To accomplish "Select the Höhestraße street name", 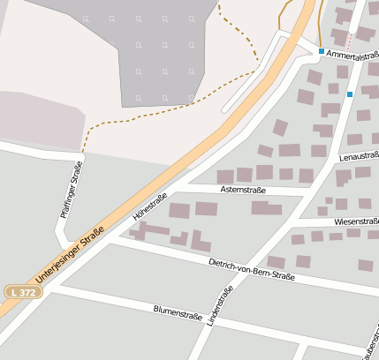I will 150,206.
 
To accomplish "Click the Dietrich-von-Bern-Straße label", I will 251,269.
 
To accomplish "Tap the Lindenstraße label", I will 217,308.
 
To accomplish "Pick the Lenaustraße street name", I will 359,157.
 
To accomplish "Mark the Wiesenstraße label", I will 355,222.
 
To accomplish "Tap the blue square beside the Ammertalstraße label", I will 322,51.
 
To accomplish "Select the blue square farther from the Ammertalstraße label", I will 350,94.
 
